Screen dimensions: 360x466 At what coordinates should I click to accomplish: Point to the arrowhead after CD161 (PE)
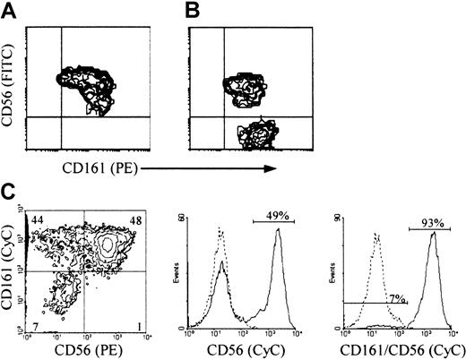pos(272,166)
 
